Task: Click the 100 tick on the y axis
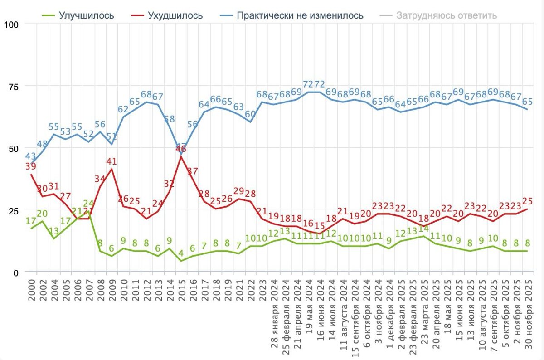coord(10,24)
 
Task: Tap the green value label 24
coord(89,204)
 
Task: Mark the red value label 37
coord(193,171)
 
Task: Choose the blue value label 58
coord(170,119)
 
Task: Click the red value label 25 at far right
coord(528,201)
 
